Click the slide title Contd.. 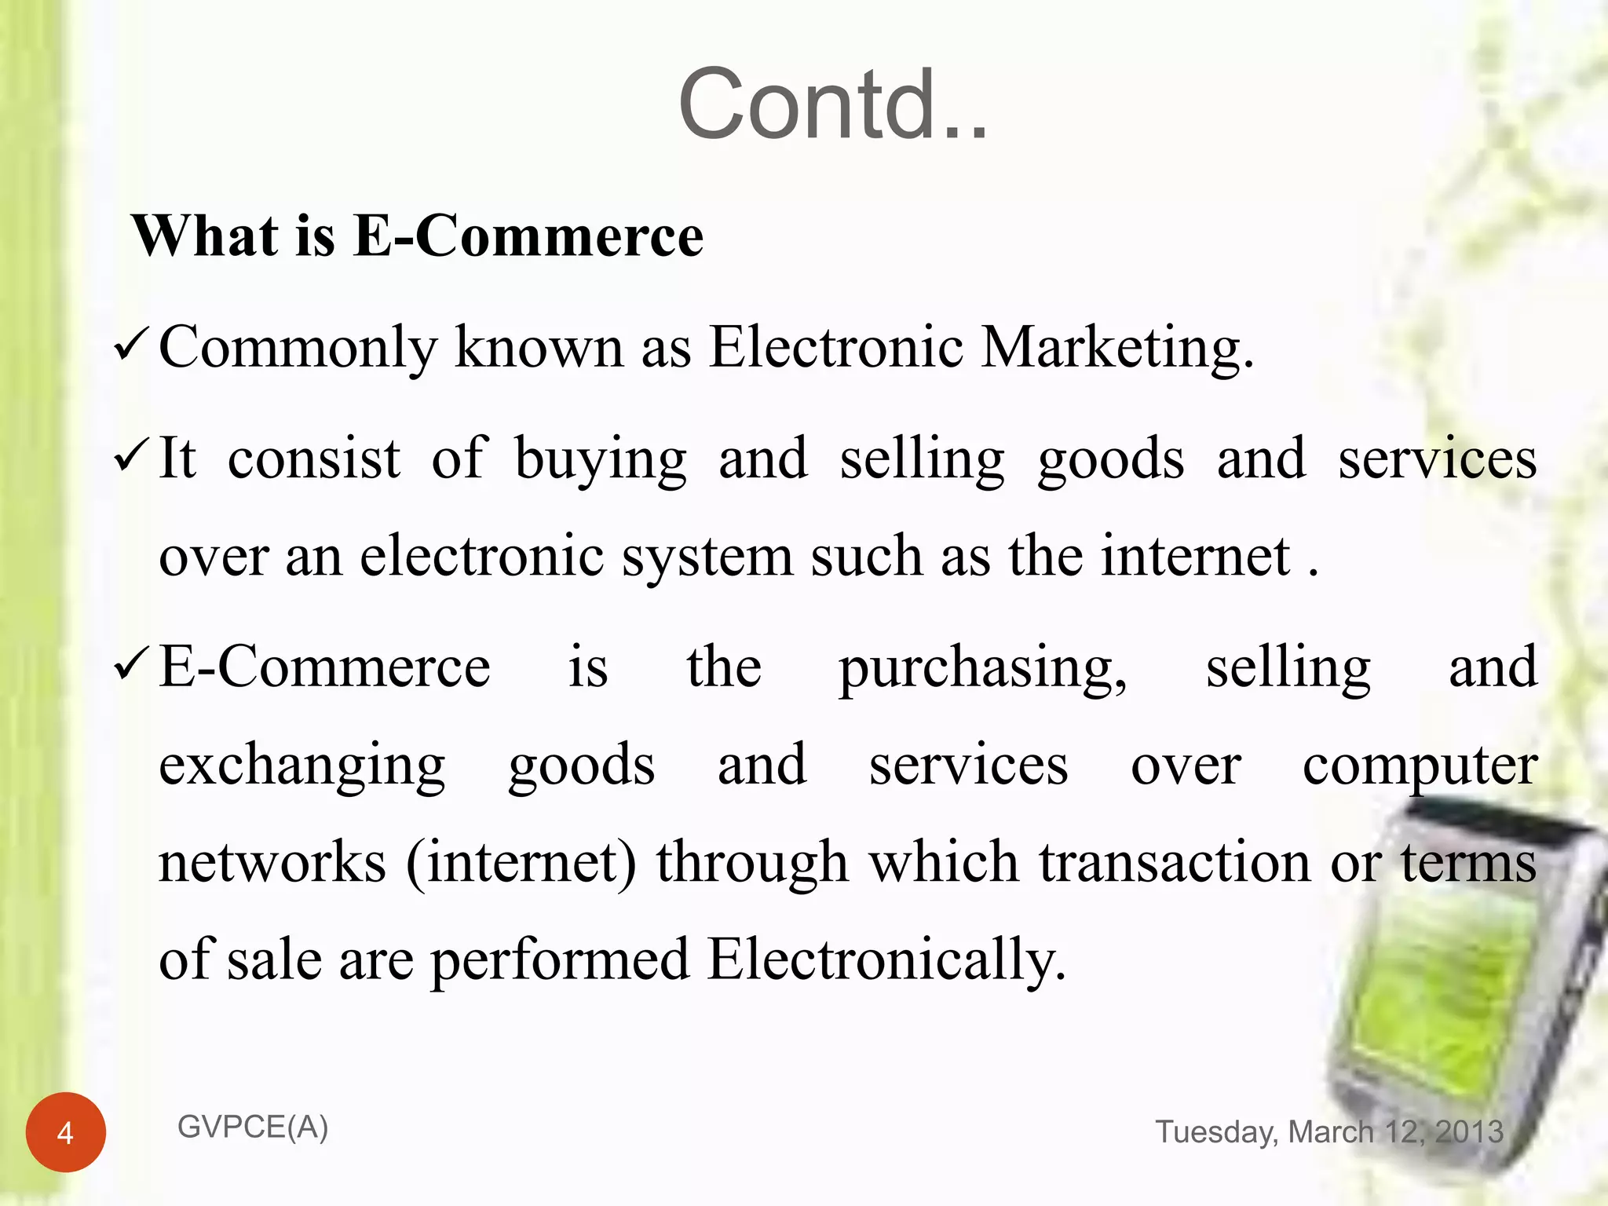tap(832, 105)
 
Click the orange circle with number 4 tap(65, 1132)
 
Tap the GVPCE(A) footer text tap(253, 1127)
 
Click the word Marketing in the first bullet tap(1116, 347)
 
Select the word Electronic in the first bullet tap(836, 347)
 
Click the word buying tap(601, 460)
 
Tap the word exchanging tap(302, 766)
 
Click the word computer tap(1420, 766)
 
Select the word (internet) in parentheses tap(521, 862)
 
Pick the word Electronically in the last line tap(886, 959)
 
